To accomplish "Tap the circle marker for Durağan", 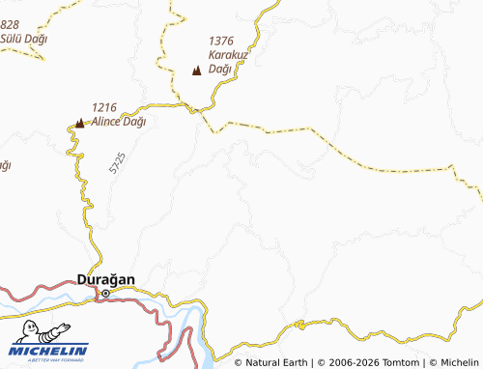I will pyautogui.click(x=105, y=294).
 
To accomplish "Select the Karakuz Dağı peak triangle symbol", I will pyautogui.click(x=198, y=71).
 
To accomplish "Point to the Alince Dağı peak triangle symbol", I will pyautogui.click(x=79, y=123).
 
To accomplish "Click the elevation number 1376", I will pyautogui.click(x=221, y=41).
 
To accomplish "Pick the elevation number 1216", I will pyautogui.click(x=104, y=107).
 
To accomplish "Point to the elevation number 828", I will pyautogui.click(x=10, y=24).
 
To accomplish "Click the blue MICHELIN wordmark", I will pyautogui.click(x=49, y=351).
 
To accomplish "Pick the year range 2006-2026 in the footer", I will pyautogui.click(x=347, y=362).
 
